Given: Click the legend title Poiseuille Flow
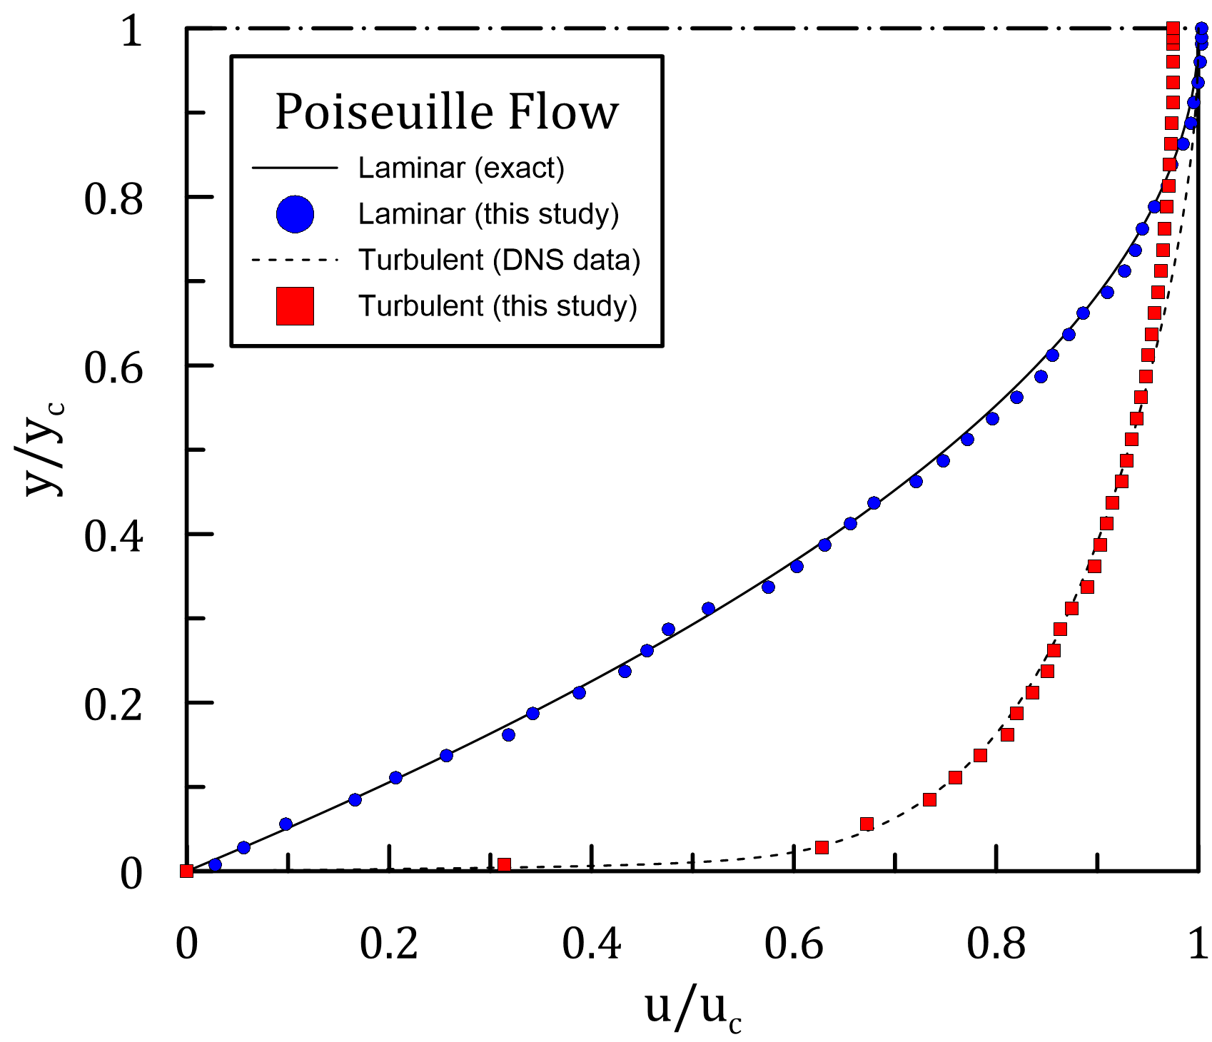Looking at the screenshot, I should click(x=447, y=112).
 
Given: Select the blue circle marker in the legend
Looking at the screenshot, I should click(x=295, y=214).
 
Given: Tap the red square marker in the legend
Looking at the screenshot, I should click(x=295, y=306).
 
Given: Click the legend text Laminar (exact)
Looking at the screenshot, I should click(x=461, y=168).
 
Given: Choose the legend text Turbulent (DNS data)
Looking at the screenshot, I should click(x=499, y=260).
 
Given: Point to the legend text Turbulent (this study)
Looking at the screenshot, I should click(x=498, y=306).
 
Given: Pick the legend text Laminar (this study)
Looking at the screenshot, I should click(x=488, y=214).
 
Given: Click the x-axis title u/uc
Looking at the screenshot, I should click(x=693, y=1008).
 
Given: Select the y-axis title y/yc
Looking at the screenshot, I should click(x=44, y=447).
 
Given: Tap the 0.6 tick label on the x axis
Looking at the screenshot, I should click(x=794, y=944).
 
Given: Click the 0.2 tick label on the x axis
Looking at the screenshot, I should click(x=389, y=944).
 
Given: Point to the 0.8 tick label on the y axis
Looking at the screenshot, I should click(x=113, y=199).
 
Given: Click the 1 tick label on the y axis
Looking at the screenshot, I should click(x=131, y=31).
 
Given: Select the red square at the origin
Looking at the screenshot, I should click(x=187, y=871).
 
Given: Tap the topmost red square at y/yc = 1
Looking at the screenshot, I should click(x=1173, y=29).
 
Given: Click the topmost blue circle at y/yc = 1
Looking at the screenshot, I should click(x=1201, y=29).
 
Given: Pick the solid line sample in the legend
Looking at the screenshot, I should click(x=295, y=168).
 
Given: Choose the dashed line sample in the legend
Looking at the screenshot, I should click(x=295, y=260).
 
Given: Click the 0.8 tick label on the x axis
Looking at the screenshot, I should click(x=996, y=944).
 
